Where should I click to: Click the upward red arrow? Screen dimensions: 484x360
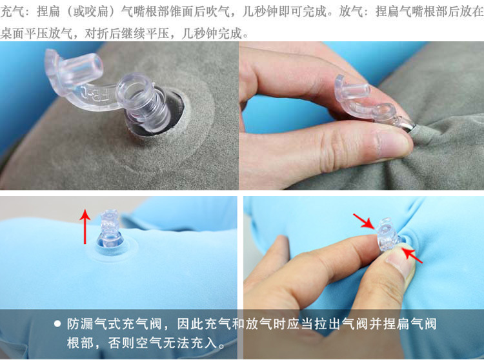click(85, 226)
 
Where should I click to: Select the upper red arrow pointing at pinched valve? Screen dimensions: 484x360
click(364, 221)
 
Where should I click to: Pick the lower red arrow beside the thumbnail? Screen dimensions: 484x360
click(412, 255)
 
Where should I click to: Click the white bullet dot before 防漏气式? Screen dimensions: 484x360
click(57, 324)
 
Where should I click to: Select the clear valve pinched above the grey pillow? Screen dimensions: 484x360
click(370, 102)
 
